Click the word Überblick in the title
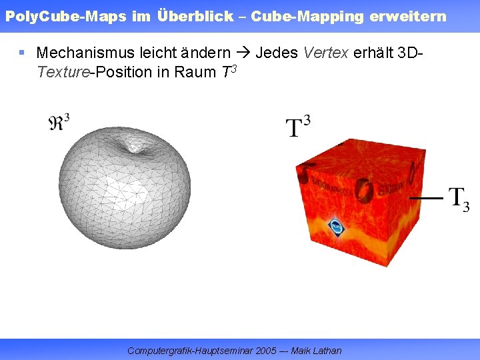(196, 16)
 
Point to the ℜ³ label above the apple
(59, 123)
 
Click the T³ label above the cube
(298, 126)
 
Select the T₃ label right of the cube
(459, 199)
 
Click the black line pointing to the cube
(425, 199)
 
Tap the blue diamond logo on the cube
(337, 228)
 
